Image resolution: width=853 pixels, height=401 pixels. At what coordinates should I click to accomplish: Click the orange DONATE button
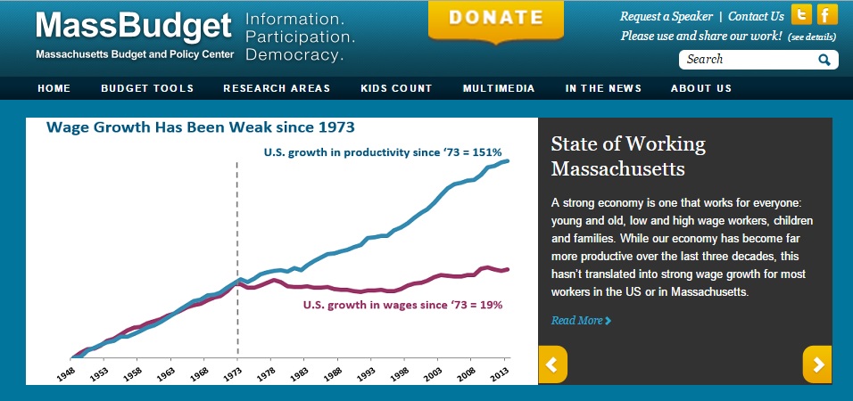pyautogui.click(x=495, y=19)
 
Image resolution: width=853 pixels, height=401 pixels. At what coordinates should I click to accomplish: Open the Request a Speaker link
pyautogui.click(x=667, y=16)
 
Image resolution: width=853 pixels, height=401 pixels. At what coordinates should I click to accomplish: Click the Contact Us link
pyautogui.click(x=756, y=16)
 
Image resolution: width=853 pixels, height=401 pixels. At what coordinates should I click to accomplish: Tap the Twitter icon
pyautogui.click(x=802, y=15)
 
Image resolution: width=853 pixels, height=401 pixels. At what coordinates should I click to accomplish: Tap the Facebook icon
pyautogui.click(x=827, y=15)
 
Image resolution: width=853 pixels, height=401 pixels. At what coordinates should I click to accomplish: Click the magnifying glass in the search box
pyautogui.click(x=824, y=60)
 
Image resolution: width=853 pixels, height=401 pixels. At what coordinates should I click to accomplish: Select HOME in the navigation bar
pyautogui.click(x=54, y=88)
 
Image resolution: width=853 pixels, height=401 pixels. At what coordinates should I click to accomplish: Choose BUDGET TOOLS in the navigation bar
pyautogui.click(x=147, y=88)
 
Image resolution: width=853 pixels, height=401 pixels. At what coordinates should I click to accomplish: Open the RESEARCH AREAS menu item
pyautogui.click(x=277, y=88)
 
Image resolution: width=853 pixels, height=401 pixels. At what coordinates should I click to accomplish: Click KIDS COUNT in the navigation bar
pyautogui.click(x=396, y=88)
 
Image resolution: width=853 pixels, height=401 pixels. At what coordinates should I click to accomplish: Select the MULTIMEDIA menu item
pyautogui.click(x=499, y=88)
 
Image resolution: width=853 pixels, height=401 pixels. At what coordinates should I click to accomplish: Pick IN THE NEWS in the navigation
pyautogui.click(x=602, y=88)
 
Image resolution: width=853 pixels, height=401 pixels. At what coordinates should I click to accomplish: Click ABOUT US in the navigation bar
pyautogui.click(x=701, y=88)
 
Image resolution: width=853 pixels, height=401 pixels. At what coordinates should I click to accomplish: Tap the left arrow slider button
pyautogui.click(x=552, y=364)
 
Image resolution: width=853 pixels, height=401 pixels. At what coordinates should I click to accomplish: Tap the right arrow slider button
pyautogui.click(x=817, y=364)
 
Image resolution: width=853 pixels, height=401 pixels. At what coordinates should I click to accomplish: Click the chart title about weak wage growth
pyautogui.click(x=201, y=127)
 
